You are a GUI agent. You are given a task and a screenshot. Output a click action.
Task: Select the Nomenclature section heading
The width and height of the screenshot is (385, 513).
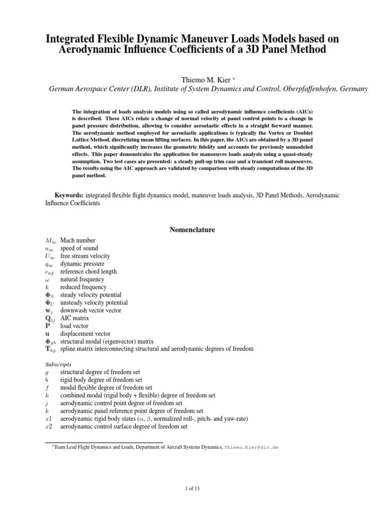click(x=192, y=230)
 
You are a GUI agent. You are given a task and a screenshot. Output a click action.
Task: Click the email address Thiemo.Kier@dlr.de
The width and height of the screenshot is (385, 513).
click(x=251, y=446)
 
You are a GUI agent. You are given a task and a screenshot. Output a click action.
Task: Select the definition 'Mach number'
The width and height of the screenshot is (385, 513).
click(x=78, y=240)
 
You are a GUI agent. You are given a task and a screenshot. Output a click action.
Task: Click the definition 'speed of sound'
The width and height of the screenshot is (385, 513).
click(x=79, y=248)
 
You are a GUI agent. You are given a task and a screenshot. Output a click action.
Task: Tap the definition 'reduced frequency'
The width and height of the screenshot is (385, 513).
click(x=83, y=287)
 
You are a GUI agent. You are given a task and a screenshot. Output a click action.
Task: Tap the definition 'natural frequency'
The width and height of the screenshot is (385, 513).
click(x=82, y=280)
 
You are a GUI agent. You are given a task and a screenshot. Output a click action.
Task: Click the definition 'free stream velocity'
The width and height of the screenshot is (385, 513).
click(x=85, y=256)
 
